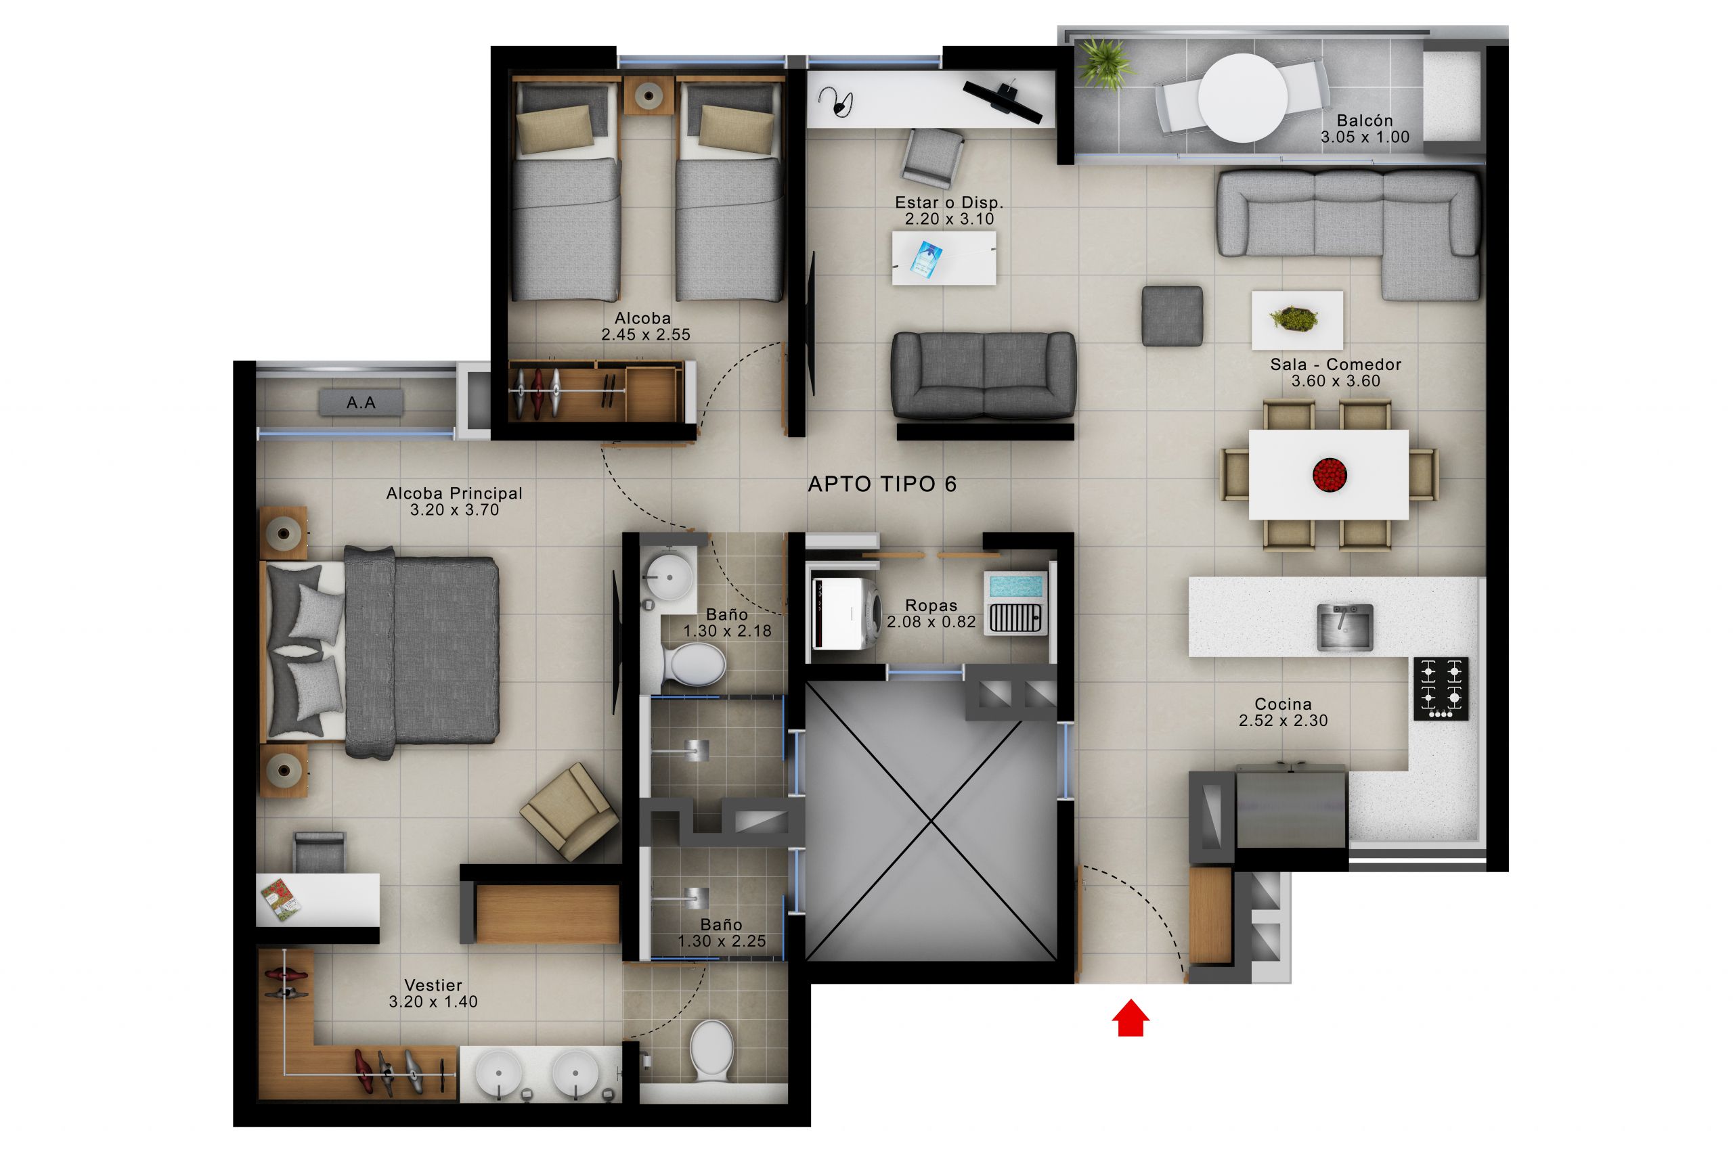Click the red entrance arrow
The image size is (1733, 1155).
(x=1131, y=1018)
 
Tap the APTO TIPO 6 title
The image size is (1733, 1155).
(x=882, y=484)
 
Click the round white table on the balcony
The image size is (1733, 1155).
(x=1243, y=97)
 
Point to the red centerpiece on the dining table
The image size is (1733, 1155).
(x=1330, y=474)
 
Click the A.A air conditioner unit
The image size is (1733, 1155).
(x=361, y=403)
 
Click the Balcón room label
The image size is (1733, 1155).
(x=1365, y=120)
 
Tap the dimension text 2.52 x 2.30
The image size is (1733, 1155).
(x=1283, y=721)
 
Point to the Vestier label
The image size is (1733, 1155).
(x=433, y=985)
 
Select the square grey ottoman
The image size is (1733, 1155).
(x=1172, y=316)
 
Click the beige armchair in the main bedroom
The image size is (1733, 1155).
(x=569, y=811)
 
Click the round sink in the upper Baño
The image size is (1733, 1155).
(x=668, y=576)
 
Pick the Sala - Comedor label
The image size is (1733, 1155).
(x=1335, y=365)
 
